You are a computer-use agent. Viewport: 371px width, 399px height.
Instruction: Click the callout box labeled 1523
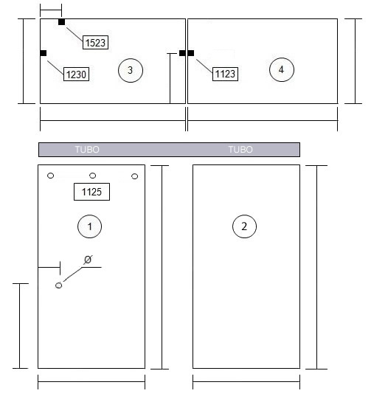point(95,43)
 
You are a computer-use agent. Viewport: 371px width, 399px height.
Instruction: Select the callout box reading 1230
point(76,74)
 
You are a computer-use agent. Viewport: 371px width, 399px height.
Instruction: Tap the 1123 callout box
point(225,74)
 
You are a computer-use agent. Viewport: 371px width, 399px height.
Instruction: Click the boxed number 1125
point(91,192)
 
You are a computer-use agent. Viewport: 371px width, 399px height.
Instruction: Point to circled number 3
point(131,70)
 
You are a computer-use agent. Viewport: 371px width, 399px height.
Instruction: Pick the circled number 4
point(282,69)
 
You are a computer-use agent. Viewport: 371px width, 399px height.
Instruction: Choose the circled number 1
point(89,226)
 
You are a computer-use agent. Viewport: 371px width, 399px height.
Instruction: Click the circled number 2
point(244,226)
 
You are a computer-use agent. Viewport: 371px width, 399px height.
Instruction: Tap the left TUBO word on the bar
point(87,150)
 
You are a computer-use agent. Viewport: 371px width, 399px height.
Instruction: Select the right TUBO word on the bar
point(240,150)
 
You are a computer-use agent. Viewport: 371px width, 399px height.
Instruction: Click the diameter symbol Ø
point(88,260)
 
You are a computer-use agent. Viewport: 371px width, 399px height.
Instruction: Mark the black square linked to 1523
point(61,22)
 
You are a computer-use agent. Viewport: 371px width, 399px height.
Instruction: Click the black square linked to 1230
point(44,53)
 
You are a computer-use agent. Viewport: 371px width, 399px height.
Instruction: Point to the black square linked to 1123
point(191,53)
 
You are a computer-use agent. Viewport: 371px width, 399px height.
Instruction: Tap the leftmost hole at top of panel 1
point(51,176)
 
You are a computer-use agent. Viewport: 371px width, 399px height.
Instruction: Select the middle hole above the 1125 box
point(93,176)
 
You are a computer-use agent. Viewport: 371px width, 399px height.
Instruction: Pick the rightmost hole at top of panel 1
point(135,176)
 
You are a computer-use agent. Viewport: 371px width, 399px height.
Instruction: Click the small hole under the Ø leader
point(59,285)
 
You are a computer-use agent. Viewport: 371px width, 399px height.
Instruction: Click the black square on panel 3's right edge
point(182,53)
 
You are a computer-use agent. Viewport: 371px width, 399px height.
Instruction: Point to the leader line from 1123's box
point(204,66)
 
